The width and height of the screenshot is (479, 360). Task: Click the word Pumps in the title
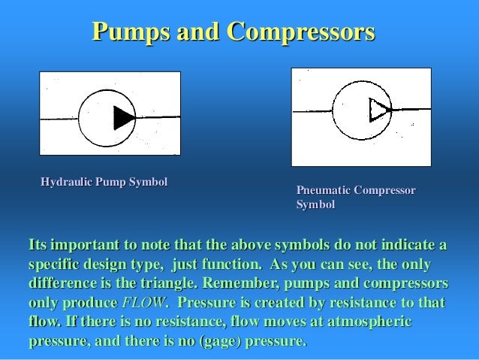(x=129, y=32)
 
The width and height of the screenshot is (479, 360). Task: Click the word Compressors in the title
(x=300, y=32)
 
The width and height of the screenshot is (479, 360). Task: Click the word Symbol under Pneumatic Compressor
(x=315, y=204)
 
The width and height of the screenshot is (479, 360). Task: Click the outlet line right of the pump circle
(x=157, y=117)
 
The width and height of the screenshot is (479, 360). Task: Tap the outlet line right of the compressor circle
(x=410, y=110)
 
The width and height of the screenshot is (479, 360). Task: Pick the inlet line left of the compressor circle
(x=312, y=111)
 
